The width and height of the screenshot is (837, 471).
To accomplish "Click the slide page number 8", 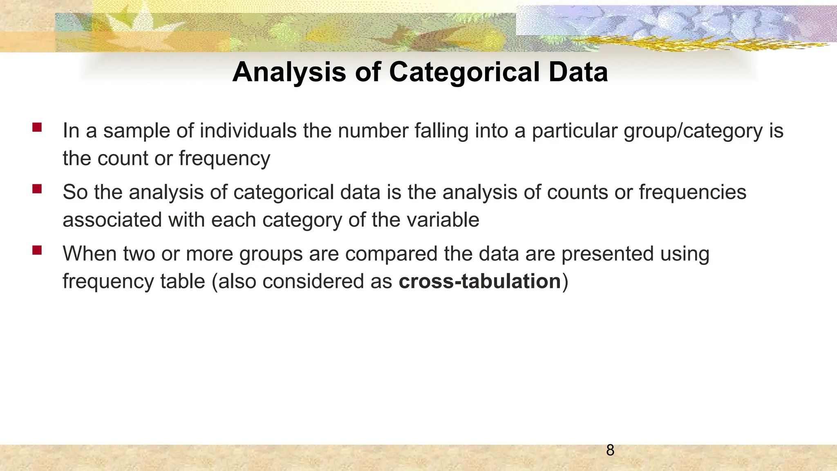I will pyautogui.click(x=610, y=450).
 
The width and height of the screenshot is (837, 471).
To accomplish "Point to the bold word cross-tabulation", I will pyautogui.click(x=480, y=281).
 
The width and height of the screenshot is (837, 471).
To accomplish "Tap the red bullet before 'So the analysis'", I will pyautogui.click(x=37, y=188).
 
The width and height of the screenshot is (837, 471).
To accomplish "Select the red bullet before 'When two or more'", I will pyautogui.click(x=37, y=250).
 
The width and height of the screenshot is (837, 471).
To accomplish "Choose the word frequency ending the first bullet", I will pyautogui.click(x=224, y=159).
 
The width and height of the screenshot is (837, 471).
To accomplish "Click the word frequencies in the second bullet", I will pyautogui.click(x=692, y=193).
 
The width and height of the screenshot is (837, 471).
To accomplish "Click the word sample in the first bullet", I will pyautogui.click(x=136, y=131).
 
